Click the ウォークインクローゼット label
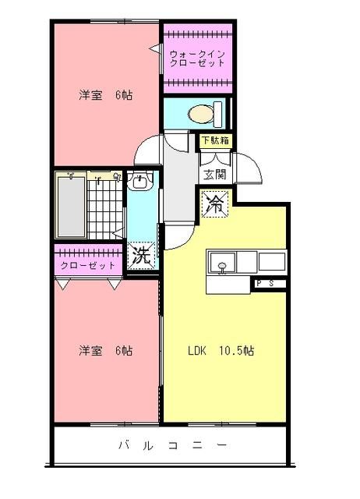pyautogui.click(x=198, y=58)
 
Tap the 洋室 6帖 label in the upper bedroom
pyautogui.click(x=105, y=96)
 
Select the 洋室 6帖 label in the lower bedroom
pyautogui.click(x=105, y=351)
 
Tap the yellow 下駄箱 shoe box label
pyautogui.click(x=215, y=141)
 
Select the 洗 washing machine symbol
pyautogui.click(x=140, y=255)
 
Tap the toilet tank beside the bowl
pyautogui.click(x=219, y=114)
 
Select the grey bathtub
pyautogui.click(x=70, y=205)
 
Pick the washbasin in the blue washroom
pyautogui.click(x=140, y=183)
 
